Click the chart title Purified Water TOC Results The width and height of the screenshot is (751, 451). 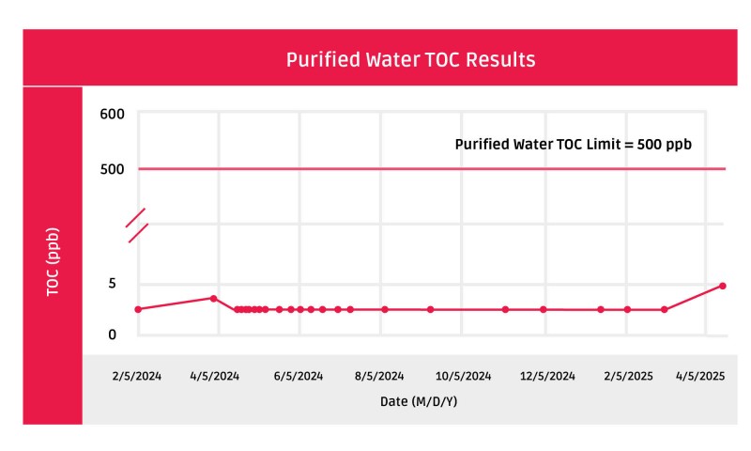[x=410, y=59]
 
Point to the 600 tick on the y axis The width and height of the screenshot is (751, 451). [x=112, y=115]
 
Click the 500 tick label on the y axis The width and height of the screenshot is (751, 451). [x=112, y=169]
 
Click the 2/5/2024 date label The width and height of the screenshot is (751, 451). [x=137, y=376]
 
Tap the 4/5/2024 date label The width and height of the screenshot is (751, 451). [x=215, y=376]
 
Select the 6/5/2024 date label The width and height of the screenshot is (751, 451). [x=299, y=376]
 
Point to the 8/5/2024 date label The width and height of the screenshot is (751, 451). [x=380, y=376]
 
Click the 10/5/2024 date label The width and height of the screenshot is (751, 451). [x=464, y=376]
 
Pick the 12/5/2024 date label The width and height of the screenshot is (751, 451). [x=548, y=376]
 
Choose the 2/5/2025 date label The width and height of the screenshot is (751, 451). [x=627, y=376]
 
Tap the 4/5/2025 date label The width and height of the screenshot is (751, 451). [x=701, y=376]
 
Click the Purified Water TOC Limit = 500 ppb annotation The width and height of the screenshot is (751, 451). [x=574, y=145]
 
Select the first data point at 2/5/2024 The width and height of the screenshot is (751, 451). [x=138, y=309]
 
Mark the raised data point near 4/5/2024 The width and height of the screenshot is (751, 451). [x=214, y=298]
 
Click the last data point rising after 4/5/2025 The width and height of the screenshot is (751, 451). [x=722, y=286]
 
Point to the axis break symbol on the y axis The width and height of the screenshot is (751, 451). [x=138, y=225]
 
